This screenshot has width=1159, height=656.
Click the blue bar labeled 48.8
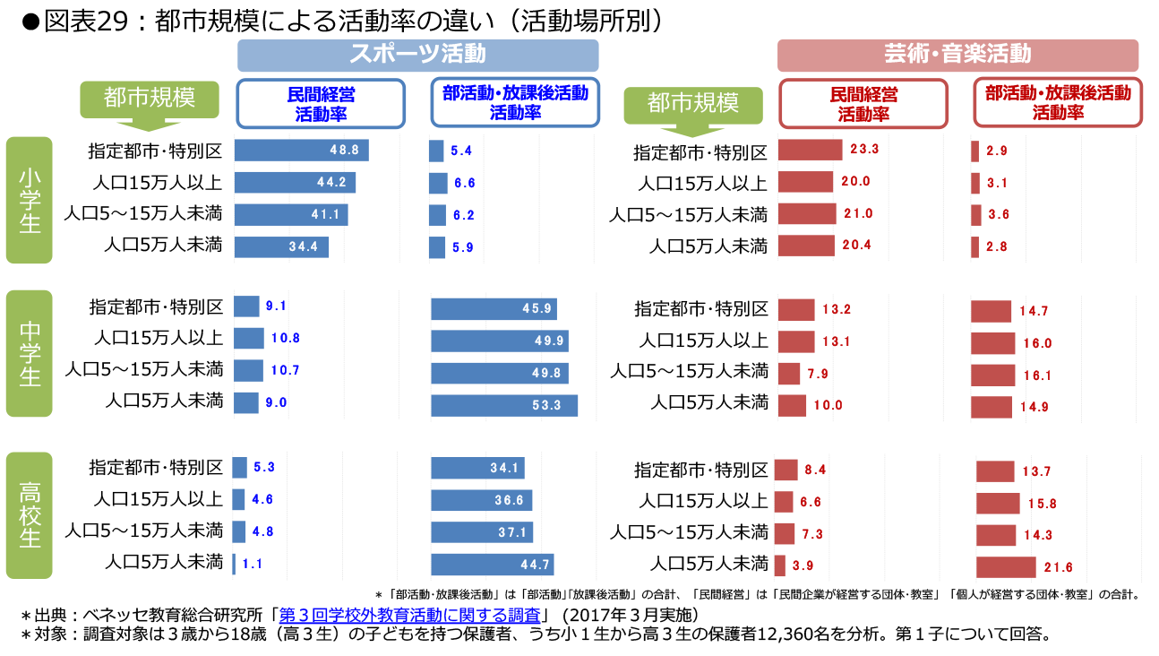[x=301, y=151]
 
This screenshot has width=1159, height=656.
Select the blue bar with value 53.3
[x=503, y=405]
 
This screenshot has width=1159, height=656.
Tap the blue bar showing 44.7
[x=492, y=565]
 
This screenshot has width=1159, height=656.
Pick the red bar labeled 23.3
[x=810, y=150]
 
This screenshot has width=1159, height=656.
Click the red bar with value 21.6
[x=1006, y=567]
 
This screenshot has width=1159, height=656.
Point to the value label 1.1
[x=253, y=565]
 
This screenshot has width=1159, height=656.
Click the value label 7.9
[x=819, y=374]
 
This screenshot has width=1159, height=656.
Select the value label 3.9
[x=803, y=566]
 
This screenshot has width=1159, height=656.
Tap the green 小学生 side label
[x=30, y=200]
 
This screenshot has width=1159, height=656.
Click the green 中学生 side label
[x=30, y=354]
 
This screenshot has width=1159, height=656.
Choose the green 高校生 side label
[x=30, y=514]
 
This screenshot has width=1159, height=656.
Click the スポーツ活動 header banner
[x=417, y=55]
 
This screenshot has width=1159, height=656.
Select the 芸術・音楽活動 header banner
[x=957, y=55]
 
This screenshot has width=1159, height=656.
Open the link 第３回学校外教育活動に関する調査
[x=410, y=615]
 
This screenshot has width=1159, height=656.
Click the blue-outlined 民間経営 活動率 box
[x=321, y=103]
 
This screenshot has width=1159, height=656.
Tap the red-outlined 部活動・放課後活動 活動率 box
[x=1058, y=103]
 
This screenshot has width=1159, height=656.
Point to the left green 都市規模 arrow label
[x=149, y=99]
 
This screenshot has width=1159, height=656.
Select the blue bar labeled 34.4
[x=281, y=246]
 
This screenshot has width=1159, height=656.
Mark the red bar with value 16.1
[x=992, y=375]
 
